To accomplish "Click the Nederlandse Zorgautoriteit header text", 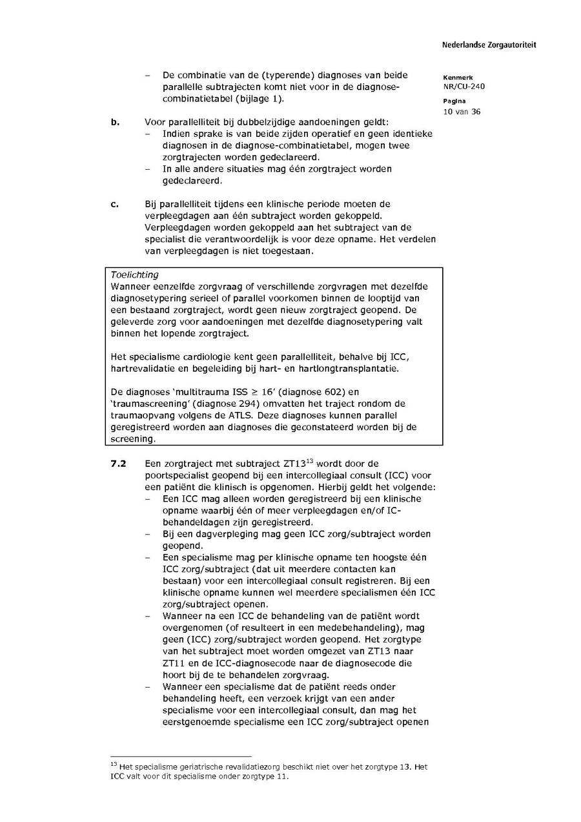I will click(489, 45).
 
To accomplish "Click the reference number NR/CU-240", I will click(464, 87).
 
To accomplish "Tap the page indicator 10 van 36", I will click(462, 111).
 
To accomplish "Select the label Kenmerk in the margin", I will click(458, 77).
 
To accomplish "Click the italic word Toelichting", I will click(134, 274).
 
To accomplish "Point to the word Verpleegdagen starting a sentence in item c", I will click(174, 228).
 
